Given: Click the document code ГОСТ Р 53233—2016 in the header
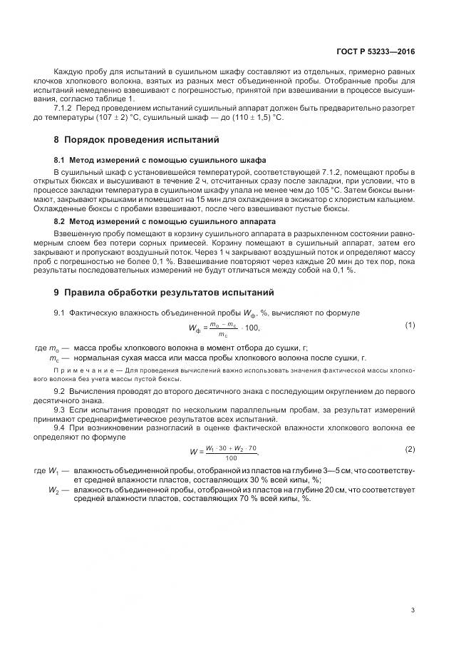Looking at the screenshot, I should coord(376,52).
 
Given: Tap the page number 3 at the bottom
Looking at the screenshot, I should coord(413,609).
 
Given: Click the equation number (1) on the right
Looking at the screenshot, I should coord(410,325).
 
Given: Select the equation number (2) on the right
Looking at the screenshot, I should coord(410,449).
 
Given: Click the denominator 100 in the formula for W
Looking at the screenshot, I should coord(230,457).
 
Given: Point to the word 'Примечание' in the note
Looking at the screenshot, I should coord(78,370).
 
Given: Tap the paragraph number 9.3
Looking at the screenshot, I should coord(60,410).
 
